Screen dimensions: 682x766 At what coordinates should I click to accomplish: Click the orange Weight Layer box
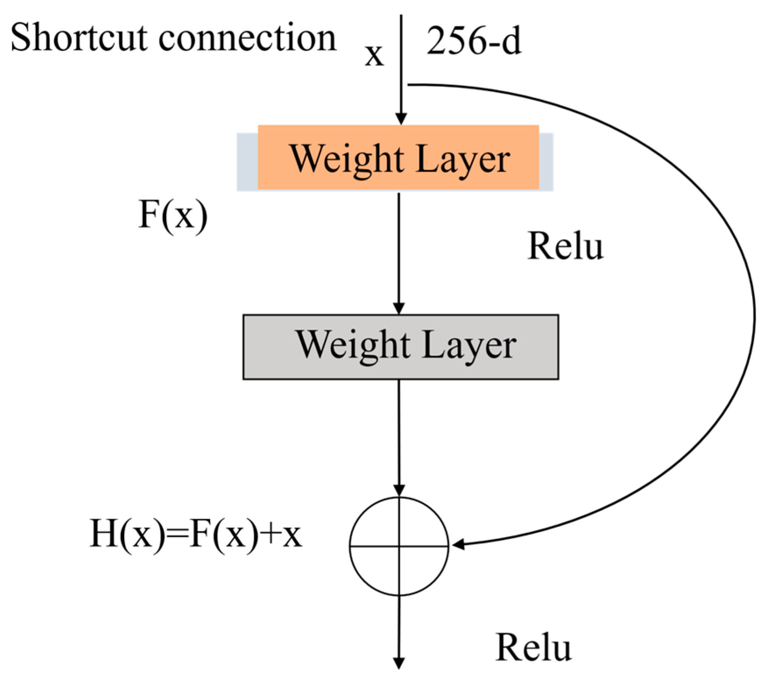pyautogui.click(x=398, y=158)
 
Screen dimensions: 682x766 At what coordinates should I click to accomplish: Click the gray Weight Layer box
pyautogui.click(x=401, y=346)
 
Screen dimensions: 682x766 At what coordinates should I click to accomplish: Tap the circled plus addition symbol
pyautogui.click(x=399, y=546)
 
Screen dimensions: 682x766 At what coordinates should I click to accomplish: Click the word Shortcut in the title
pyautogui.click(x=79, y=39)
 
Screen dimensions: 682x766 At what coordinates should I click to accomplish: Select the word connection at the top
pyautogui.click(x=247, y=39)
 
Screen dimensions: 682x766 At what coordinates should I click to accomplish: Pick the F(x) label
pyautogui.click(x=172, y=215)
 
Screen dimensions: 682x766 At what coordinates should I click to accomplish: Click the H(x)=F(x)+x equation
pyautogui.click(x=196, y=535)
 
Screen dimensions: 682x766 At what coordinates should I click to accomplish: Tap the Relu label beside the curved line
pyautogui.click(x=565, y=246)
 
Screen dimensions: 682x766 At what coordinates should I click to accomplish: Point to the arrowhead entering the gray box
pyautogui.click(x=399, y=308)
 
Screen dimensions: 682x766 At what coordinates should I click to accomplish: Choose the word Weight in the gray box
pyautogui.click(x=354, y=346)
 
